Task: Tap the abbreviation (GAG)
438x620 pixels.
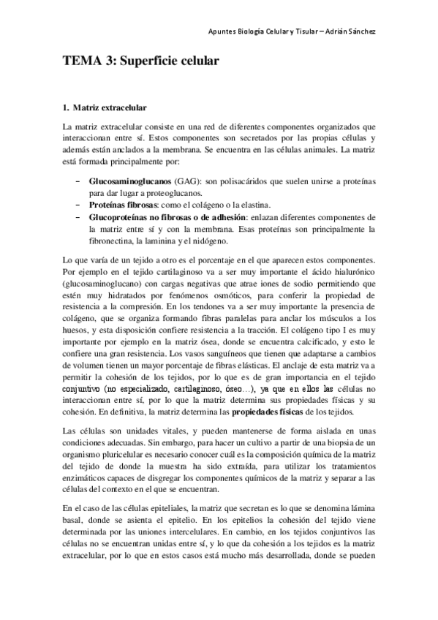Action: tap(188, 179)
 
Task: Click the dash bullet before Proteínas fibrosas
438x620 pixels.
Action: tap(78, 205)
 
